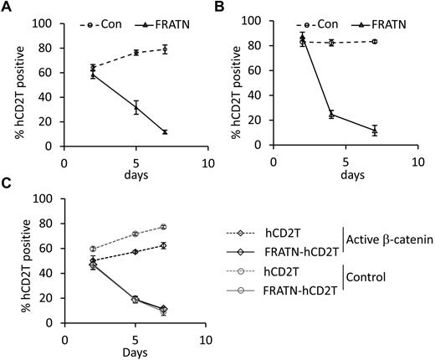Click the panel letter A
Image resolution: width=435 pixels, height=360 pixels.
pos(7,8)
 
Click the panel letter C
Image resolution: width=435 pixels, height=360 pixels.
pos(7,185)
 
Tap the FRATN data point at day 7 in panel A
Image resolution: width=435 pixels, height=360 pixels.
pos(165,132)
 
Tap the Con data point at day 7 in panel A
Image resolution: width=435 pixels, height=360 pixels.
pos(165,49)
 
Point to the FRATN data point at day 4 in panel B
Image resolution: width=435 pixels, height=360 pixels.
pos(331,115)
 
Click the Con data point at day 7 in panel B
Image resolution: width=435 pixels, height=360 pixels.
pos(374,41)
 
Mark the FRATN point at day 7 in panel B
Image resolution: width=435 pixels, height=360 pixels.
pos(374,131)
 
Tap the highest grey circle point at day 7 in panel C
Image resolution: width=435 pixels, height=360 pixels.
pos(165,227)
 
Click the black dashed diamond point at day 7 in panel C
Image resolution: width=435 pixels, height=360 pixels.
pos(165,245)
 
